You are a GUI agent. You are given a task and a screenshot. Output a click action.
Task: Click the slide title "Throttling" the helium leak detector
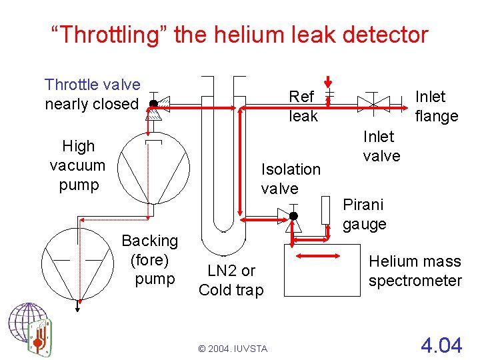[x=240, y=34]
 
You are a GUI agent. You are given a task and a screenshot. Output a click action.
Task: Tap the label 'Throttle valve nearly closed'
[x=92, y=94]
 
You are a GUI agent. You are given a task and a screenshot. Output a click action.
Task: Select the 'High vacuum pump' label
[x=78, y=165]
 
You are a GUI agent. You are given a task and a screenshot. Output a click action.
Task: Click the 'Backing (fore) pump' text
[x=150, y=259]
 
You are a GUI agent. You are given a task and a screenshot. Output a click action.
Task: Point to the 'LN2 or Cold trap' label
[x=231, y=280]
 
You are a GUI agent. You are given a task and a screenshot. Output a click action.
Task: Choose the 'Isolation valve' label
[x=290, y=179]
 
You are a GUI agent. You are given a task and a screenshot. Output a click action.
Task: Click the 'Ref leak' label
[x=303, y=106]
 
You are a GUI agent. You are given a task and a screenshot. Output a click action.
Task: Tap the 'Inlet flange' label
[x=436, y=106]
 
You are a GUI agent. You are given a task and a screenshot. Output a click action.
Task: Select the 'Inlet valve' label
[x=381, y=146]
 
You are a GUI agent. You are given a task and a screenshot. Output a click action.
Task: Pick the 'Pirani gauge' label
[x=364, y=214]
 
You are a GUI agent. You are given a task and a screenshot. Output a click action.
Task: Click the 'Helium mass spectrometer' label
[x=415, y=271]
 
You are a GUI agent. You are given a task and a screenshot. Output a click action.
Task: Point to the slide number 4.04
[x=441, y=345]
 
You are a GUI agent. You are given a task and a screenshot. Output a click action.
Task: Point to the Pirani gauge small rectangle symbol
[x=325, y=210]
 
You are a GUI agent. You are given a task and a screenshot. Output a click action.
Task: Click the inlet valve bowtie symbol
[x=373, y=102]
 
